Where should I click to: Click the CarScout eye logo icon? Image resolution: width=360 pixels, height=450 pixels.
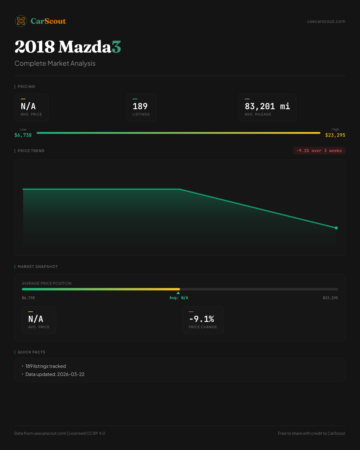coord(21,21)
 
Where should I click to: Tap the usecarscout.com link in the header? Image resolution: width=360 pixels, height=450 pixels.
coord(326,21)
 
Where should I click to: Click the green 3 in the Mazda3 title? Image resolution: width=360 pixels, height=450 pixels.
coord(116,46)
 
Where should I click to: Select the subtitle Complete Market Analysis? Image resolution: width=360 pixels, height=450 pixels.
coord(55,63)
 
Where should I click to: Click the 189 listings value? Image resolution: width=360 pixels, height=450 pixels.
coord(140,106)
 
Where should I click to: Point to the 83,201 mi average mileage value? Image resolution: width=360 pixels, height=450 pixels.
coord(267,106)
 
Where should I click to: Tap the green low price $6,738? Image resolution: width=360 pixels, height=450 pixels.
coord(23,135)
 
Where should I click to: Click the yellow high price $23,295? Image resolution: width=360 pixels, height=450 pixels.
coord(335,135)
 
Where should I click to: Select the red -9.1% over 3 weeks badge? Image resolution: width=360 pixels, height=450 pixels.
coord(319,151)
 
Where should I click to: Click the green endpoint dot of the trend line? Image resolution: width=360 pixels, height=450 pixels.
coord(336,228)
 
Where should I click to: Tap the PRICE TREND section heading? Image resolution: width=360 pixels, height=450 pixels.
coord(31,151)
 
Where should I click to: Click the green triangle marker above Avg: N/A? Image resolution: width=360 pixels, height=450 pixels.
coord(178,293)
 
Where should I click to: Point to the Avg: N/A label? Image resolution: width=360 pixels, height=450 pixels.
coord(179,298)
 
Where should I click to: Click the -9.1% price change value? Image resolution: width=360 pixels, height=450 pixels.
coord(202,319)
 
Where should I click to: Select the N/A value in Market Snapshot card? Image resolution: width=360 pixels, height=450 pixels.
coord(36,319)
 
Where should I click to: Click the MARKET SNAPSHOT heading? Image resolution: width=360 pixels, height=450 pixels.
coord(38,267)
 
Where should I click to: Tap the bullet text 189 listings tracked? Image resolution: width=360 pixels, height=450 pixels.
coord(46,366)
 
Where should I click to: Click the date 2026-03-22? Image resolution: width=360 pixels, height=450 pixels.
coord(71,374)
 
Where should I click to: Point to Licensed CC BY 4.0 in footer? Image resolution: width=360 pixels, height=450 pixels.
coord(87,433)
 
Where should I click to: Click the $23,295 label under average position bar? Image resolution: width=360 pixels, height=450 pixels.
coord(330,298)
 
